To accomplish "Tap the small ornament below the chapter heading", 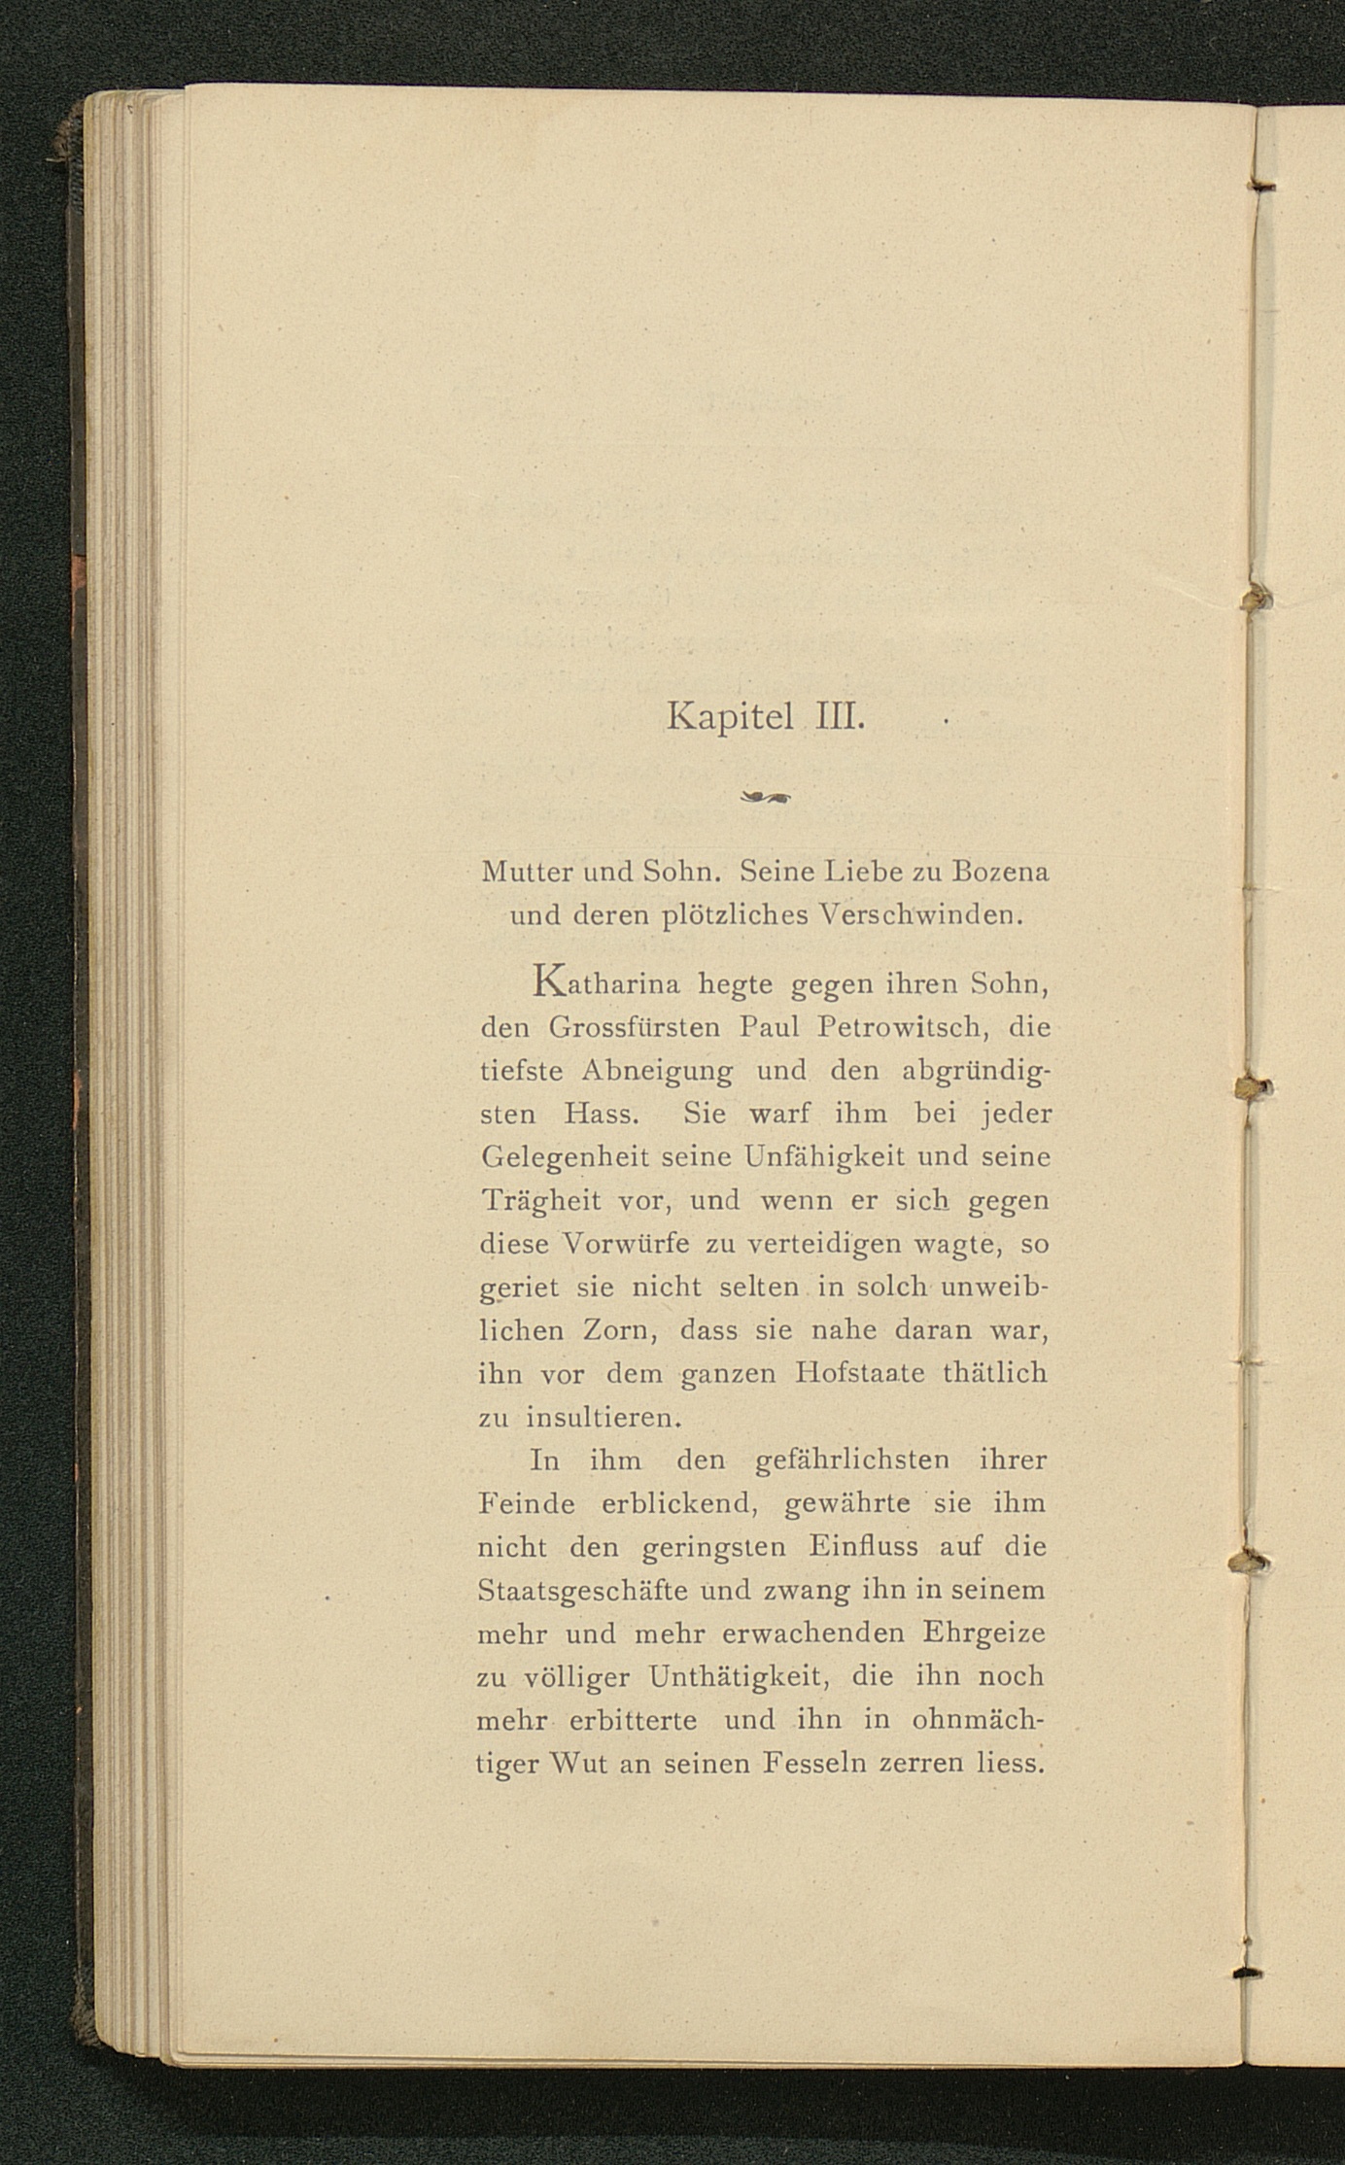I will [x=767, y=798].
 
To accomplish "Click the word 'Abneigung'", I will [x=658, y=1070].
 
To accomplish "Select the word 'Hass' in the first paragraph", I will [x=603, y=1113].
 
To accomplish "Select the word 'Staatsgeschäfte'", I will [x=583, y=1591].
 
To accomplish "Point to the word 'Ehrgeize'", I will [x=983, y=1633].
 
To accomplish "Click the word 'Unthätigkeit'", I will [x=739, y=1677].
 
